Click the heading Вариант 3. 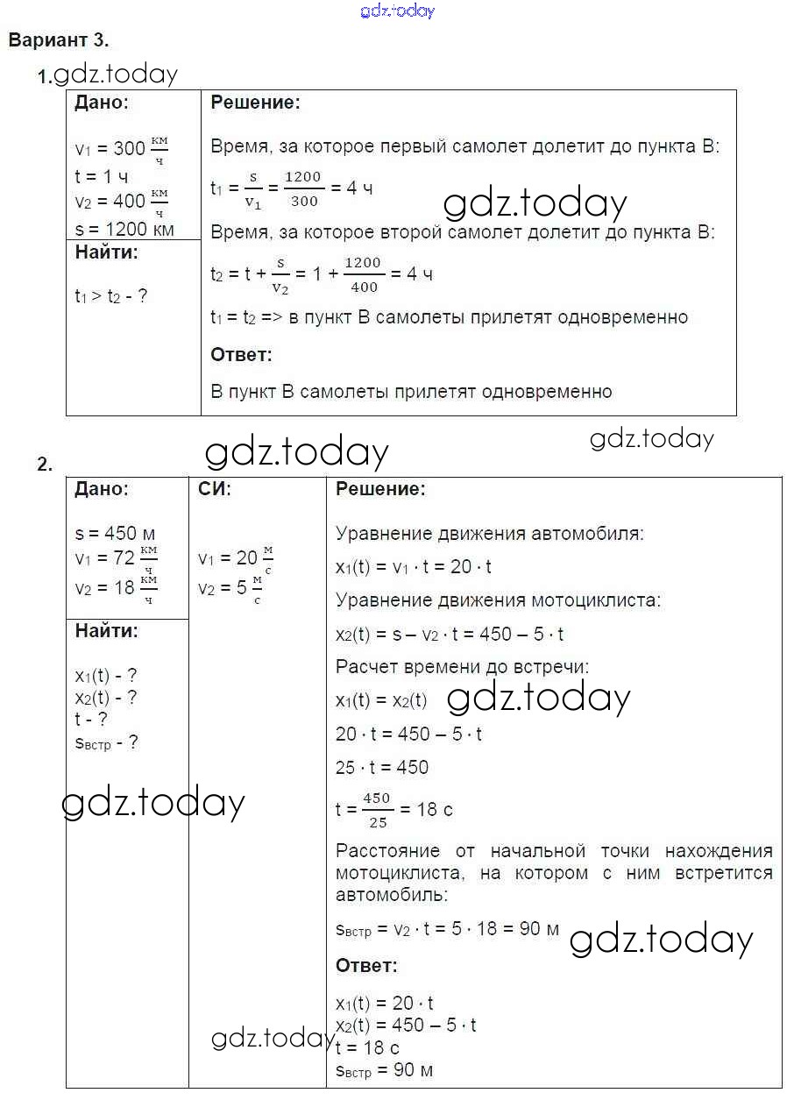[x=59, y=40]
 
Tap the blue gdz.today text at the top [x=397, y=11]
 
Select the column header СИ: [x=216, y=490]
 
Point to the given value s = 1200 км [x=124, y=230]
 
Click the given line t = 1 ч [x=102, y=177]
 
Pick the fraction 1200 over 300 [x=303, y=188]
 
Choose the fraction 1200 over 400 [x=363, y=274]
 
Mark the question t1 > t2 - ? [x=111, y=296]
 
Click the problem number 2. [x=45, y=465]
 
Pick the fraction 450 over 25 [x=376, y=810]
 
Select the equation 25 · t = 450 [x=382, y=768]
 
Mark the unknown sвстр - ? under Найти [x=107, y=743]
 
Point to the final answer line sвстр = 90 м [x=384, y=1070]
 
